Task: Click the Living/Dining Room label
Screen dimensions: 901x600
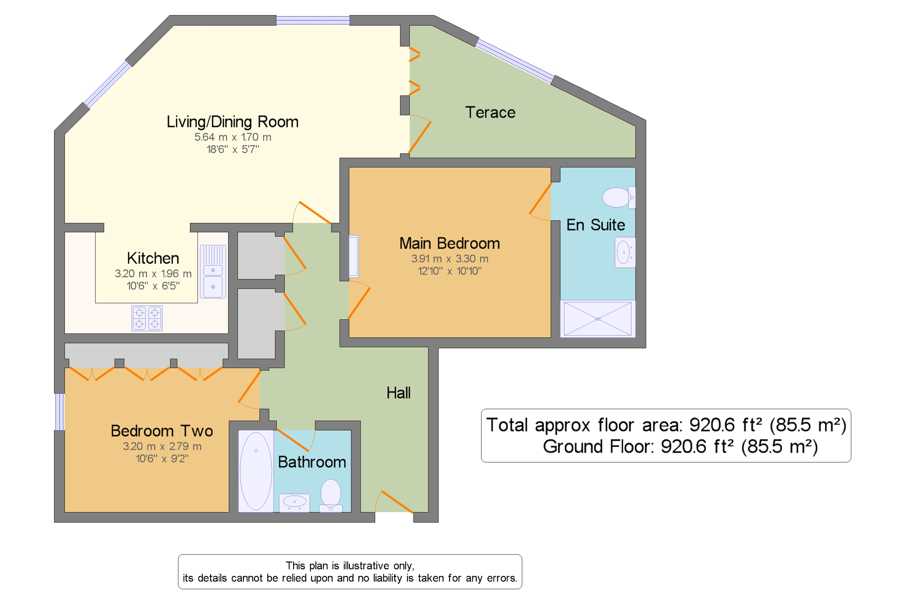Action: point(232,122)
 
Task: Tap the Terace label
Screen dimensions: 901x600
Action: point(490,112)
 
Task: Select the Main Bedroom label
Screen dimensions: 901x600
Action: point(449,243)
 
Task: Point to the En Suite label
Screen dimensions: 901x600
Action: point(595,225)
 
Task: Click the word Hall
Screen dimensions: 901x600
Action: point(398,393)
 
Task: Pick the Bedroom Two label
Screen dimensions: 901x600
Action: point(161,431)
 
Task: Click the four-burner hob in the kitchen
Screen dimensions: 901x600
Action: point(147,318)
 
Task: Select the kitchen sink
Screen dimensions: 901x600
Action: point(213,272)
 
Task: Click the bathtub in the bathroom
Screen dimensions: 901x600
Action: point(256,471)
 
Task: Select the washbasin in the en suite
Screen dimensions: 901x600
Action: point(625,252)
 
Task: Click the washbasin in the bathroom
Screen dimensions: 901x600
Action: point(294,503)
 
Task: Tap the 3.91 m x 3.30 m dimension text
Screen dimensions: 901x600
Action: point(449,259)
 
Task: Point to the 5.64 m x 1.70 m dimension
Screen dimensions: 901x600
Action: point(233,137)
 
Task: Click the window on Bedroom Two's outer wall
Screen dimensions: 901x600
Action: point(59,412)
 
